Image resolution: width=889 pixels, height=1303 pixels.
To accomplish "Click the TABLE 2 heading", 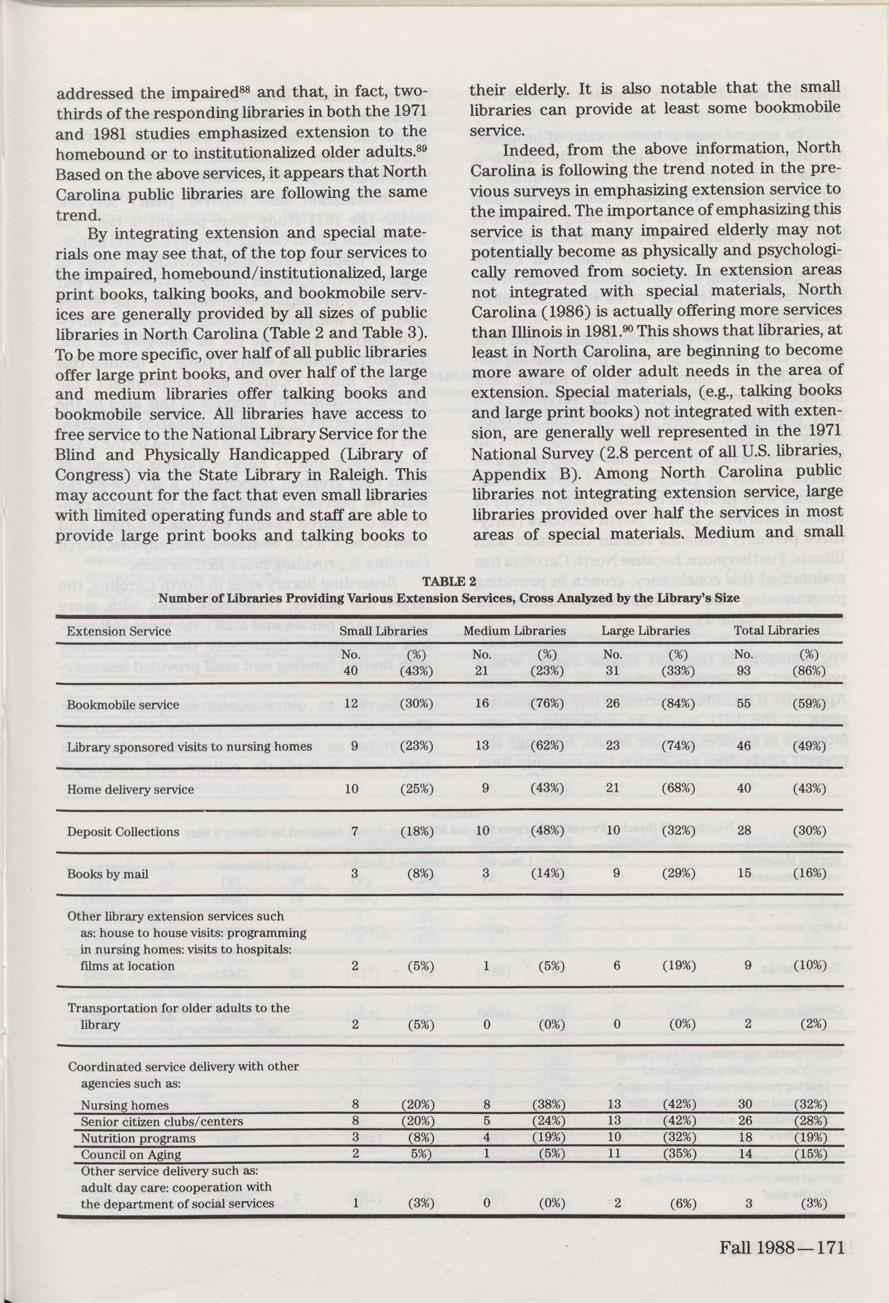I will (x=449, y=581).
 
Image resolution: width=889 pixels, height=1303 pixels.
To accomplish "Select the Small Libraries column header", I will (x=384, y=631).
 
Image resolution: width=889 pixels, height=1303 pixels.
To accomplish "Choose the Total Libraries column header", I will (x=777, y=631).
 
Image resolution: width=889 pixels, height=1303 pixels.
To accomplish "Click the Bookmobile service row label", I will (x=123, y=705).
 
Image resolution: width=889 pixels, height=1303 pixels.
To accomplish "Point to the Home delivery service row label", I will (x=130, y=790).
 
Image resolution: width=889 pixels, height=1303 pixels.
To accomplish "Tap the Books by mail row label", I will (x=108, y=874).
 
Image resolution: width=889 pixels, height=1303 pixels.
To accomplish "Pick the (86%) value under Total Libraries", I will (x=809, y=670).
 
